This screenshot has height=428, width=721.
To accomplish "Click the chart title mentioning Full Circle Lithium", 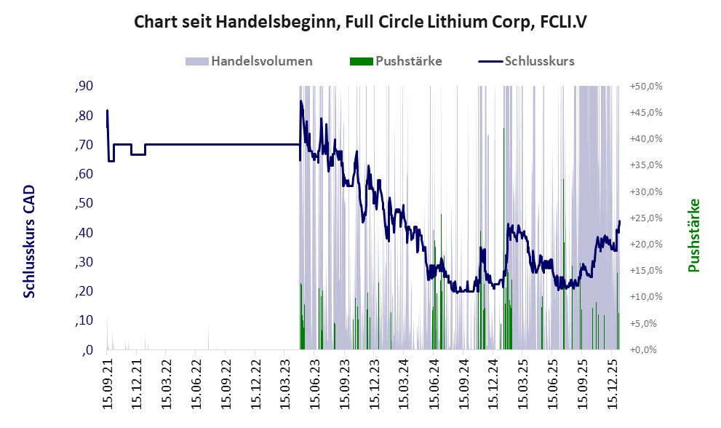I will coord(360,22).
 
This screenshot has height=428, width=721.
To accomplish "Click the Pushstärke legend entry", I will coord(408,61).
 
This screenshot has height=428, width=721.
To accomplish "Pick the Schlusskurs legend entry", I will coord(539,61).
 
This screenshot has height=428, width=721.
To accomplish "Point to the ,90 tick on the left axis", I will coord(84,87).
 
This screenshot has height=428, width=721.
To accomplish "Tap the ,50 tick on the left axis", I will coord(84,204).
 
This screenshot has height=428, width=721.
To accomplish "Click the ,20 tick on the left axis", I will coord(84,291).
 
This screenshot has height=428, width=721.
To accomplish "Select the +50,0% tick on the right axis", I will coord(645,87).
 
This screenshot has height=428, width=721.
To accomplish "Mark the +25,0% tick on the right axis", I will coord(645,218).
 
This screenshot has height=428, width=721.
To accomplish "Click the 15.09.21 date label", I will coord(107,382).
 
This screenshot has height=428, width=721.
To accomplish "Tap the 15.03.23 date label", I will coord(285,382).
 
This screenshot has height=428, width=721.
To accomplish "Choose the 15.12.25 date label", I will coord(614,382).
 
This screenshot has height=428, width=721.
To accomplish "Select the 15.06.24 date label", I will coord(434,382).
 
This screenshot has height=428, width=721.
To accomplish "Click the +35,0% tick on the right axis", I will coord(645,165).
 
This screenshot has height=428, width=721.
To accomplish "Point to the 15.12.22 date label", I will coord(256,382).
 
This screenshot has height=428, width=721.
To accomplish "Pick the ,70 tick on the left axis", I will coord(84,145).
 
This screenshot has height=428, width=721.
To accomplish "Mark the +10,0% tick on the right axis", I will coord(645,297).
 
